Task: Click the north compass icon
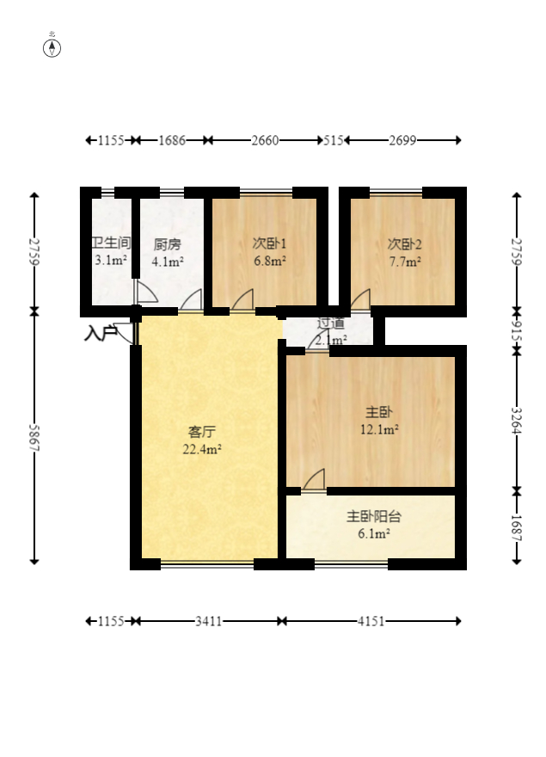(52, 46)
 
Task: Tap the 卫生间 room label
(110, 243)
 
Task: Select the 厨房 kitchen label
(167, 243)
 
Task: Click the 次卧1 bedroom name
(269, 243)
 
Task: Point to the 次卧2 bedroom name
(404, 243)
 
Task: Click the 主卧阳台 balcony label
(374, 517)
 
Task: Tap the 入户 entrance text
(100, 333)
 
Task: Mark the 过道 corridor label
(331, 324)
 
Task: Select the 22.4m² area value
(202, 449)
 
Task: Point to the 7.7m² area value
(404, 261)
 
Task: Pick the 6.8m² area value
(269, 261)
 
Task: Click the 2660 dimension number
(265, 140)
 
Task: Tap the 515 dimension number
(333, 140)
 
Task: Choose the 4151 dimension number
(371, 620)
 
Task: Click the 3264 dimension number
(517, 421)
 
